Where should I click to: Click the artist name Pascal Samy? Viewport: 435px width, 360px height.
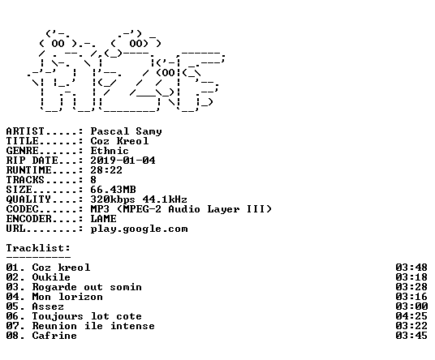(127, 131)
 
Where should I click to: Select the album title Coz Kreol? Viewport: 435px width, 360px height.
(119, 141)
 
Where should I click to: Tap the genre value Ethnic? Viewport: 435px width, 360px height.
(110, 151)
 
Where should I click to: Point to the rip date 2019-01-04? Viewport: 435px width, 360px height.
(123, 161)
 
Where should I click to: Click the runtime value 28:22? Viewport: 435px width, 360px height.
(106, 170)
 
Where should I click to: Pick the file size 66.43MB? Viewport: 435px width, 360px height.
(113, 190)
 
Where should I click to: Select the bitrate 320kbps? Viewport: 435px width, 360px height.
(113, 199)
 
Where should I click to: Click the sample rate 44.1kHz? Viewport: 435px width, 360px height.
(165, 199)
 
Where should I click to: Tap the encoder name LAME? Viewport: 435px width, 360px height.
(104, 219)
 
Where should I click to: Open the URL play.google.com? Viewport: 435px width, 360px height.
(140, 229)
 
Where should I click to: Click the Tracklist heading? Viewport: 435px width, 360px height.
(38, 248)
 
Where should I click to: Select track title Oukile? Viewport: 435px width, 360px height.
(51, 277)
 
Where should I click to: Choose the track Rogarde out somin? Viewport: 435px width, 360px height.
(87, 287)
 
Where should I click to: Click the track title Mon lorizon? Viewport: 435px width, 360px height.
(67, 297)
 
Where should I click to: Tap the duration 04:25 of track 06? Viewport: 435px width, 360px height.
(411, 316)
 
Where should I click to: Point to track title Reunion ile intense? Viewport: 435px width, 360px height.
(93, 326)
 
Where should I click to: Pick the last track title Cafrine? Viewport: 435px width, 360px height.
(54, 336)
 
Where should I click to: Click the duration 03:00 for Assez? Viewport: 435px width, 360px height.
(411, 306)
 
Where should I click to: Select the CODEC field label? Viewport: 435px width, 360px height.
(22, 209)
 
